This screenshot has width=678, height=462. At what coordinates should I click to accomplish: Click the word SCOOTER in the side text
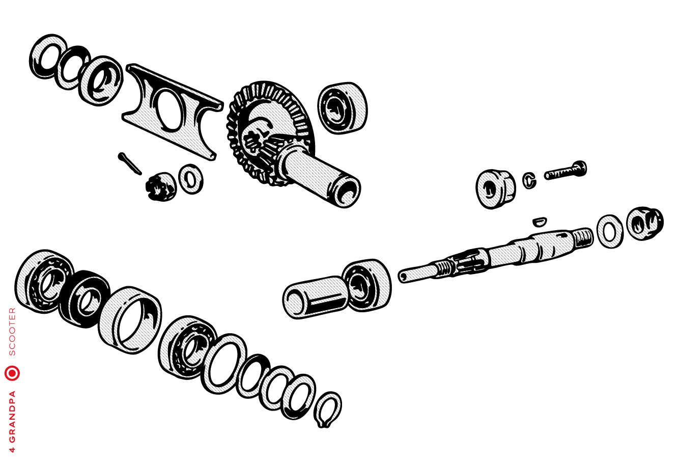12,332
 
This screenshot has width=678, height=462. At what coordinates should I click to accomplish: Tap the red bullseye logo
12,373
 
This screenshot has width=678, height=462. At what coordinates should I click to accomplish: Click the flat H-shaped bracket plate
173,112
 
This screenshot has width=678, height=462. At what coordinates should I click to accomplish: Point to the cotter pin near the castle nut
130,164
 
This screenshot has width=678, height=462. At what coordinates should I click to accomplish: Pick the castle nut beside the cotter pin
161,186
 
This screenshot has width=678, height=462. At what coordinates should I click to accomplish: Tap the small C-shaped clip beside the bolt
529,180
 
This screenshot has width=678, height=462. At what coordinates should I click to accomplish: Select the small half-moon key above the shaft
540,221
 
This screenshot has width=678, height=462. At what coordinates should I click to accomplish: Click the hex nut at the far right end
645,223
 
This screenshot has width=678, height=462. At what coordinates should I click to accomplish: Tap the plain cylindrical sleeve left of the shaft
315,297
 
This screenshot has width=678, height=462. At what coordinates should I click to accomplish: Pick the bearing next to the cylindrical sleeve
366,285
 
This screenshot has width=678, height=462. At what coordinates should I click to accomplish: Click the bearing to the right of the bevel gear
343,108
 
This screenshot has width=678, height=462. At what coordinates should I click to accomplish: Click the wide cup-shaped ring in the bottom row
130,320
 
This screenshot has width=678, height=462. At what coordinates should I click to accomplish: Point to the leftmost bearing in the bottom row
44,281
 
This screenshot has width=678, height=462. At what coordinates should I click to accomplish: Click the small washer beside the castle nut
191,179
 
